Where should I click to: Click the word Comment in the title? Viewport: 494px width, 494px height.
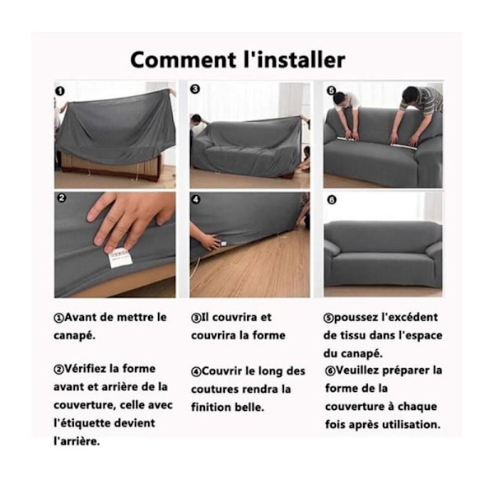coord(184,60)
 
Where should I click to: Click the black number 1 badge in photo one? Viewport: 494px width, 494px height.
coord(59,91)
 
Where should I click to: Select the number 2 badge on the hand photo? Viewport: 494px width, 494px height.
coord(62,198)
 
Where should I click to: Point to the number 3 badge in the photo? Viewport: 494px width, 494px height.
coord(195,89)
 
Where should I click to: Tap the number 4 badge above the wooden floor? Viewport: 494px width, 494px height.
coord(196,199)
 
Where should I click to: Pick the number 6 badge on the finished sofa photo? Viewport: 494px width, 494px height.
coord(332,200)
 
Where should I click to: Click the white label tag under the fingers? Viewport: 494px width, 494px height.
coord(119,259)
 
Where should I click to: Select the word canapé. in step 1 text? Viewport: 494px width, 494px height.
coord(74,336)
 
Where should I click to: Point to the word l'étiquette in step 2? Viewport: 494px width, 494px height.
coord(82,423)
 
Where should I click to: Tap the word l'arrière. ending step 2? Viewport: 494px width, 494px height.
coord(77,441)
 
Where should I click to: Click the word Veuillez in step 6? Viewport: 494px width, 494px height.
coord(357,370)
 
